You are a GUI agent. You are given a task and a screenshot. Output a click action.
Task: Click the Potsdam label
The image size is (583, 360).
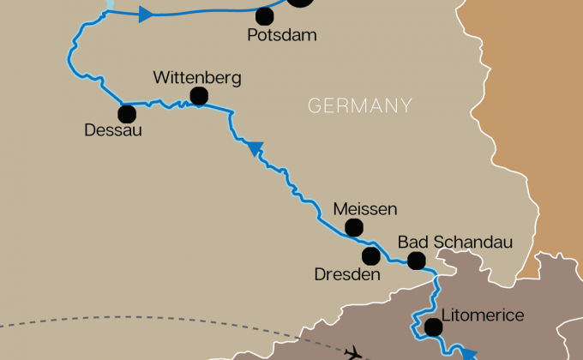coord(282,36)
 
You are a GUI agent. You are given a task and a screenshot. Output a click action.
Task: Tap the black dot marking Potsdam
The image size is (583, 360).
coord(266,15)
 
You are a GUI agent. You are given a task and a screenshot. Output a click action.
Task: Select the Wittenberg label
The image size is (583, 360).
coord(196,77)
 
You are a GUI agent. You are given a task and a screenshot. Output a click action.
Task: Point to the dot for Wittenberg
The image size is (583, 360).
coord(199,96)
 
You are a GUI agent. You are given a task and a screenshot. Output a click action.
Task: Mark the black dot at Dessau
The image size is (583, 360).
coord(127,113)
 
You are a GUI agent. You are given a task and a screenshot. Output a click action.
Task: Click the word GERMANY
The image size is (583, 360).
coord(360,106)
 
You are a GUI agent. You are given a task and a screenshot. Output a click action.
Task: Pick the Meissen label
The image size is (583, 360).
coord(365,208)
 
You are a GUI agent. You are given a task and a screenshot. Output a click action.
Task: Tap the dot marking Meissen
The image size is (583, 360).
coord(353,227)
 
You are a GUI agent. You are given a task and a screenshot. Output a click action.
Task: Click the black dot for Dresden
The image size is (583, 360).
coord(371,256)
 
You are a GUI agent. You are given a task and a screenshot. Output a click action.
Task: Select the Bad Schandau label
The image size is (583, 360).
coord(454,243)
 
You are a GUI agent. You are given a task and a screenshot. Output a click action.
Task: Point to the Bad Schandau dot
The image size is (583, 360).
coord(416,261)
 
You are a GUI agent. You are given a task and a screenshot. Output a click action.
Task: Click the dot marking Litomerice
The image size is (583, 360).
coord(433,327)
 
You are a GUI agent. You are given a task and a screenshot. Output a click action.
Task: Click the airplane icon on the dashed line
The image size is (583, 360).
coord(352,351)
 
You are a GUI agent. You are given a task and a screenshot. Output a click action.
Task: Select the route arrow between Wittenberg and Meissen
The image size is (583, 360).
coord(254,149)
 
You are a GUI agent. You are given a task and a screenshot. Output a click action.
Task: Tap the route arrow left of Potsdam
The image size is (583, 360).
coord(145,14)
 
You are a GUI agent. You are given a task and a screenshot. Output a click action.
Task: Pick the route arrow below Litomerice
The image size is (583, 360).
coord(468,353)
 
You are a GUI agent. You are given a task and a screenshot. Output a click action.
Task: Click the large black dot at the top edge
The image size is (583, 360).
coord(299,3)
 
